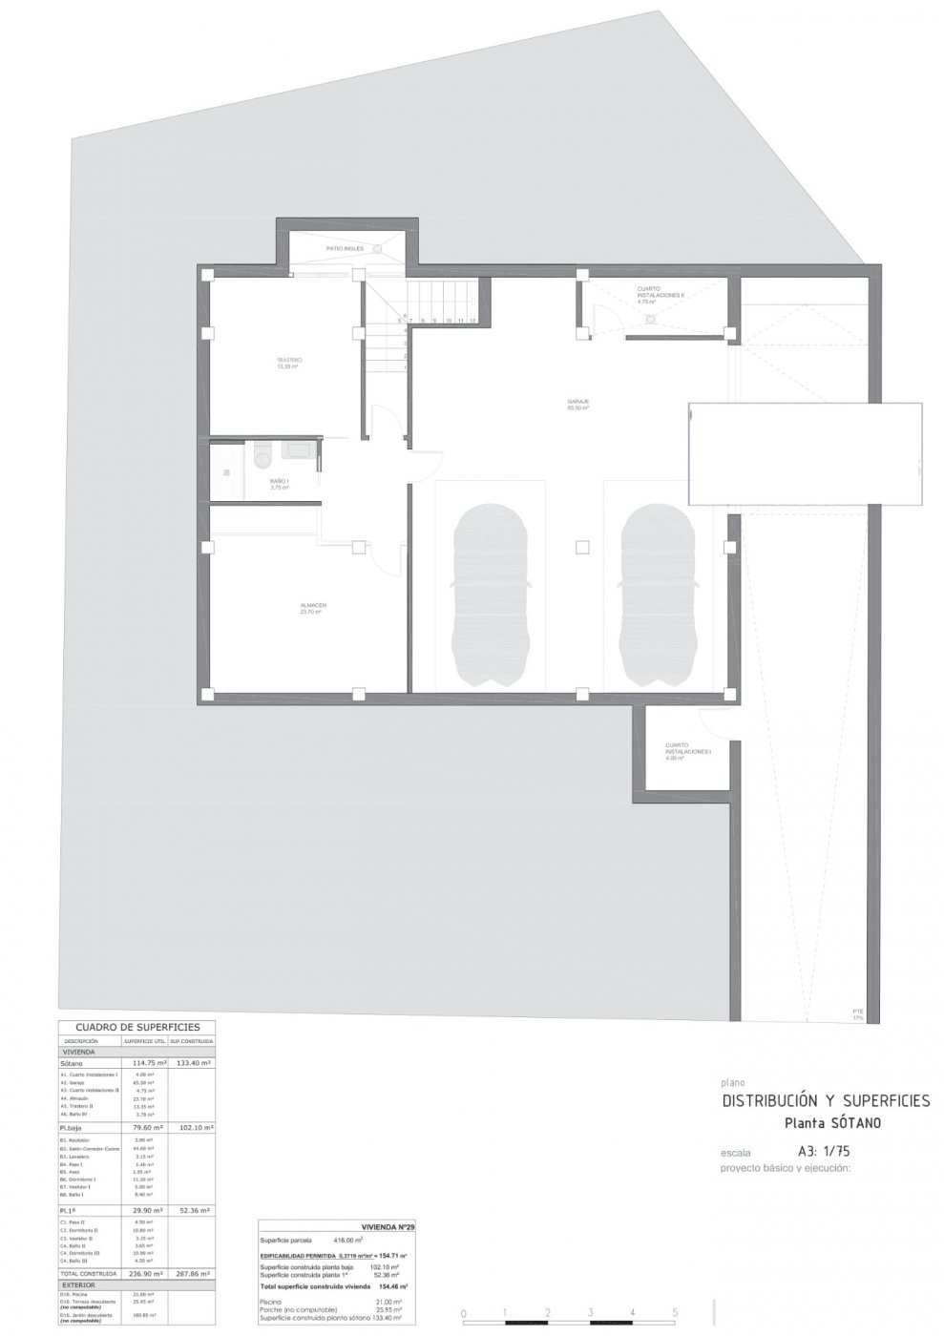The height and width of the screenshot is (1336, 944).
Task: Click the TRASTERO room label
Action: (289, 360)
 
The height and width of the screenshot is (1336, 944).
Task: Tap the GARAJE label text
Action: (577, 403)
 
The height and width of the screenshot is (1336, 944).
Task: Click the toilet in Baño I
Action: (262, 459)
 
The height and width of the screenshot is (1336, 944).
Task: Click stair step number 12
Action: (472, 321)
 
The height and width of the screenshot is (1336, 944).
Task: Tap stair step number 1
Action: (407, 366)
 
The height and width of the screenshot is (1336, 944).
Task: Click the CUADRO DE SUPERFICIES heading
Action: (136, 1027)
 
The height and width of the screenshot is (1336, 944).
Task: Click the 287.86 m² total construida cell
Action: (191, 1273)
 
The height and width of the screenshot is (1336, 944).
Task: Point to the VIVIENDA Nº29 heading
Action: (388, 1226)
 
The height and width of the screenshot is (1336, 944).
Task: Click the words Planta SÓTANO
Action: (832, 1123)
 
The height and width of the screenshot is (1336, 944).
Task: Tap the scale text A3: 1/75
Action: (824, 1151)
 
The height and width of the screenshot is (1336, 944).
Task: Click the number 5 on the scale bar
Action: (675, 1313)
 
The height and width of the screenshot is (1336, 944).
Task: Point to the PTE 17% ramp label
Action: (857, 1013)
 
